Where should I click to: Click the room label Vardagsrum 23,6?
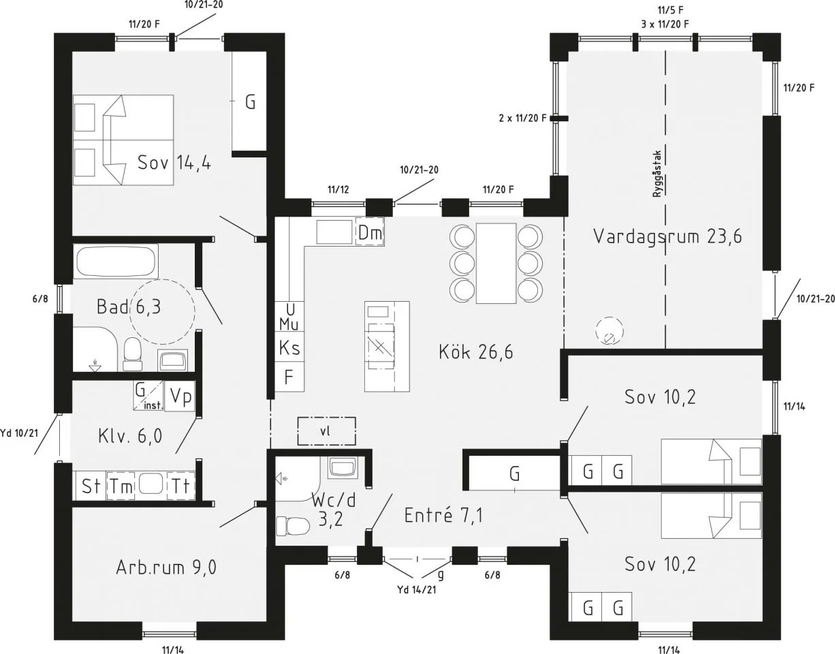click(x=667, y=236)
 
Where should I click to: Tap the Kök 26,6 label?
click(x=475, y=352)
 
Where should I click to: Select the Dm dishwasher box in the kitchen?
click(x=371, y=233)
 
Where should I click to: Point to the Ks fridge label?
click(x=289, y=348)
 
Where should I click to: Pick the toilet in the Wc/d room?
click(x=290, y=527)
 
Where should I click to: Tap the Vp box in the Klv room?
click(x=180, y=397)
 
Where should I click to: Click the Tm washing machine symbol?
click(x=122, y=486)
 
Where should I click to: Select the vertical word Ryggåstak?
click(x=657, y=174)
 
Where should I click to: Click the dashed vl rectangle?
click(x=326, y=431)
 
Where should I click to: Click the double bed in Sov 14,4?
click(x=123, y=140)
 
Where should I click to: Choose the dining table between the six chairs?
click(x=496, y=262)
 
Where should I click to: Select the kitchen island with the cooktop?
click(x=386, y=346)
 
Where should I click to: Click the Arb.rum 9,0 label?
click(x=166, y=567)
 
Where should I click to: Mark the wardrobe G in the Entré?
click(x=515, y=473)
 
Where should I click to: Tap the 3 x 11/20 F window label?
click(x=665, y=24)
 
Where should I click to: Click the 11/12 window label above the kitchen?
click(x=338, y=189)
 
